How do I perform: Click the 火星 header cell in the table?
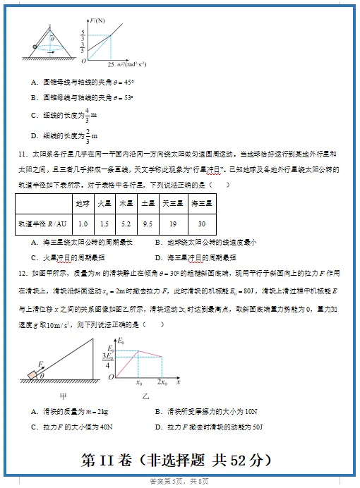pos(104,203)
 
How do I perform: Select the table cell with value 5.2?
pos(126,224)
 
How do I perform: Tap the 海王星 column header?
pos(202,203)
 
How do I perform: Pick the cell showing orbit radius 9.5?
pos(148,224)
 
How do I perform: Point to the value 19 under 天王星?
pos(173,224)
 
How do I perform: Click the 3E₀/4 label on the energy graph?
pos(109,360)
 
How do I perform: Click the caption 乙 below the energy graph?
pos(145,396)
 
